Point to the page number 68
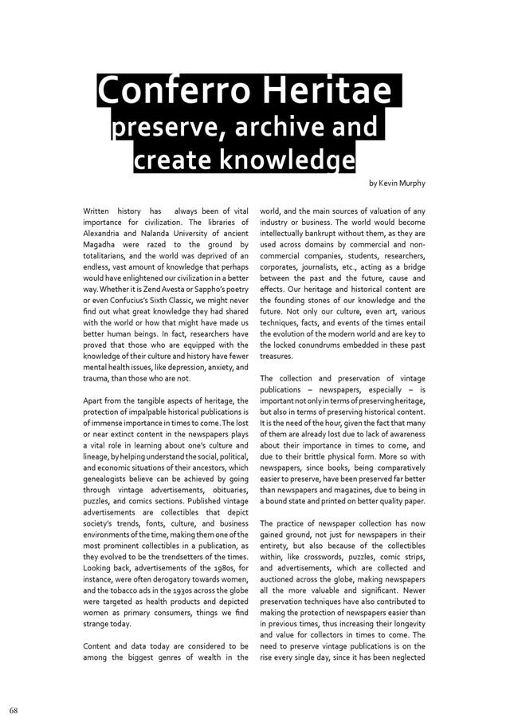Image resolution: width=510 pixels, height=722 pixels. (x=14, y=709)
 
